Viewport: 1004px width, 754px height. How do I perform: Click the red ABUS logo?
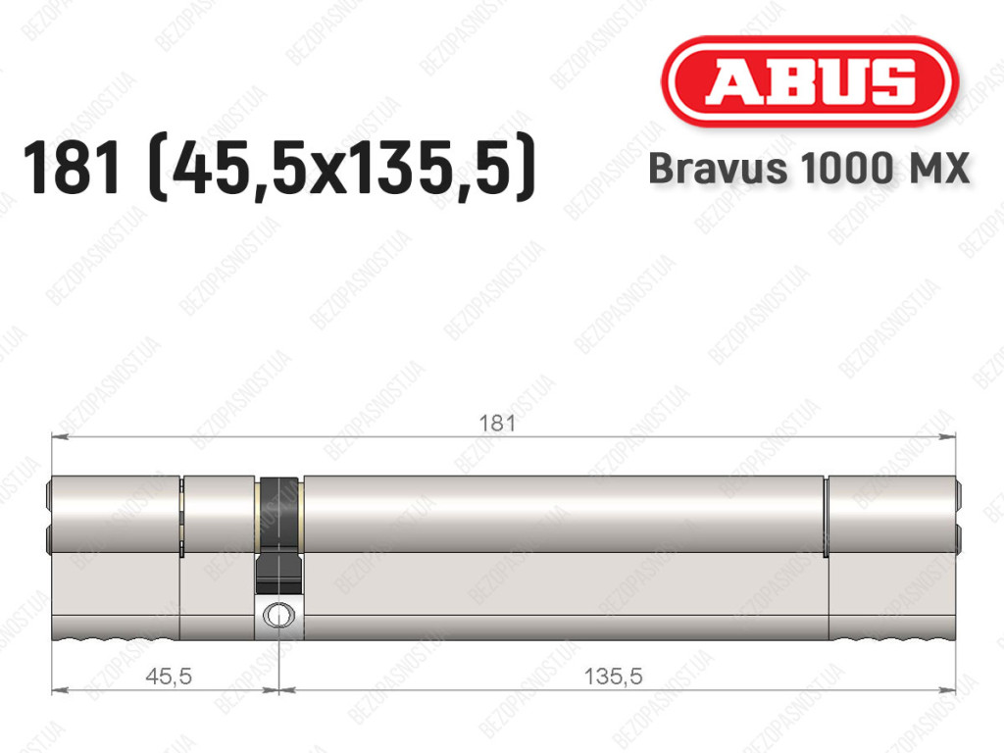coord(809,81)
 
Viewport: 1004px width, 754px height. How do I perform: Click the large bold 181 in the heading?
coord(72,168)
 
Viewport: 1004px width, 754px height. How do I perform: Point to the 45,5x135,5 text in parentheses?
coord(341,168)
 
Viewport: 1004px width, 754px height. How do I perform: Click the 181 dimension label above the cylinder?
coord(497,424)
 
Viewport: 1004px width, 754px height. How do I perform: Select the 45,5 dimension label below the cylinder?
coord(169,676)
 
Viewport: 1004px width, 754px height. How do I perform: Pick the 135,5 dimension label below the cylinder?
coord(613,676)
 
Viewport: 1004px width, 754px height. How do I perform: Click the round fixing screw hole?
coord(277,615)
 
